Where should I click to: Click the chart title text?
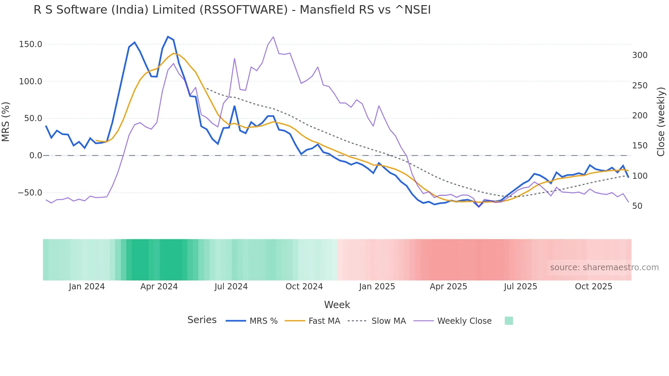click(232, 10)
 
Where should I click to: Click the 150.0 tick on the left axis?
click(31, 44)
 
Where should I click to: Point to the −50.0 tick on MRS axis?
click(30, 193)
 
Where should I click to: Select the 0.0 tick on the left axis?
click(35, 156)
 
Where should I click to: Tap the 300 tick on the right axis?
click(640, 55)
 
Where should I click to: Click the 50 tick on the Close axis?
click(637, 206)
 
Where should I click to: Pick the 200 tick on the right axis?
click(640, 116)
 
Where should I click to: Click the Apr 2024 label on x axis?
click(159, 287)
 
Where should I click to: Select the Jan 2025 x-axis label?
click(377, 287)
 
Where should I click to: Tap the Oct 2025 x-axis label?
click(594, 287)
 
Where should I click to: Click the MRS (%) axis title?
click(6, 121)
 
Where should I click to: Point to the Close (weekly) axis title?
click(661, 121)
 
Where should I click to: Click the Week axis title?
click(337, 305)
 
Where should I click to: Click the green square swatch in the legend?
click(509, 321)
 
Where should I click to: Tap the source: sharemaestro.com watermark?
click(604, 267)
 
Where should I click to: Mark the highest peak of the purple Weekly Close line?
click(273, 37)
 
